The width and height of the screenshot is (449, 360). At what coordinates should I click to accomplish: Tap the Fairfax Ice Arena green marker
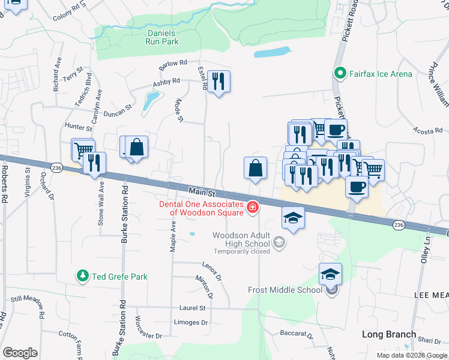coord(339,74)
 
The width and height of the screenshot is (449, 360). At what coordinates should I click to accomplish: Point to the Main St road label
coord(202,191)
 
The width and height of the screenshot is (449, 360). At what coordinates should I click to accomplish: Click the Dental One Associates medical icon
coord(253,208)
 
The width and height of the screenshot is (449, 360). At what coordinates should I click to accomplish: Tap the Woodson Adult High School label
coord(241,239)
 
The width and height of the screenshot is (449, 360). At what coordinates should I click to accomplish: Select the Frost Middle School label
coord(285,290)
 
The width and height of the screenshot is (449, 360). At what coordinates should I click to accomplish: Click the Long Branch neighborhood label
coord(388,334)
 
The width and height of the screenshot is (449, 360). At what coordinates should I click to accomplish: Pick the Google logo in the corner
coord(20,352)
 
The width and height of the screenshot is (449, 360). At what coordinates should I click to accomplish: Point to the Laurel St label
coord(193,308)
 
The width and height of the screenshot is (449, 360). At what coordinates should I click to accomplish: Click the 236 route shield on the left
coord(56,167)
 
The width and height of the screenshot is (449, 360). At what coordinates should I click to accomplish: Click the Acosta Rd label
coord(427,130)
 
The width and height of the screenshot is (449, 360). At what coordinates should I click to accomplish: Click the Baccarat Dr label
coord(297,334)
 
